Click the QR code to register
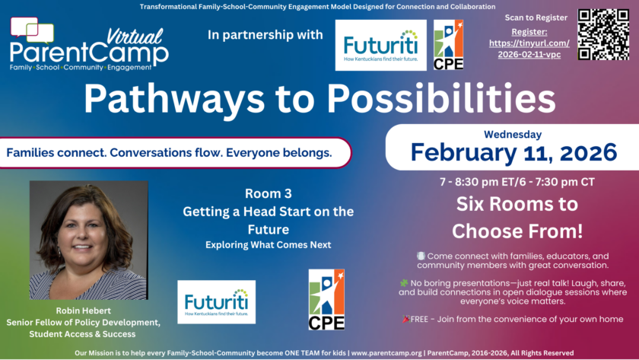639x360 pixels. pos(603,35)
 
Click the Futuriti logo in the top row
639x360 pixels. pos(380,45)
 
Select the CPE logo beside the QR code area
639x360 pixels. pos(448,45)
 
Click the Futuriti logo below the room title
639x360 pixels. pos(216,302)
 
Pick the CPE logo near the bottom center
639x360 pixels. pos(326,300)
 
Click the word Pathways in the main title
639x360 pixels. pos(174,99)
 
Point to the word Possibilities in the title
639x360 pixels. pos(441,98)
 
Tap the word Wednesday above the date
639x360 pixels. pos(513,134)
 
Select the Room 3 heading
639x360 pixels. pos(268,193)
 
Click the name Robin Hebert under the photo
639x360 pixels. pos(84,311)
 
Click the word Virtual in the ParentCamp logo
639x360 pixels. pos(135,37)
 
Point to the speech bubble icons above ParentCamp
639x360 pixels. pos(32,30)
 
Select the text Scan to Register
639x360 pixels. pos(536,18)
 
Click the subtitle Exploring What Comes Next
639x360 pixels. pos(268,244)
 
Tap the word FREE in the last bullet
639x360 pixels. pos(419,319)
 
